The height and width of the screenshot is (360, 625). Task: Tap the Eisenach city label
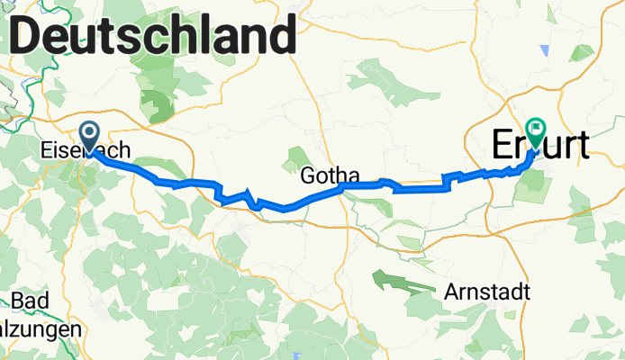(86, 151)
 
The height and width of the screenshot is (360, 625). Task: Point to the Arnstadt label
(487, 292)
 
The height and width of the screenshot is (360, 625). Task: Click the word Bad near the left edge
(30, 301)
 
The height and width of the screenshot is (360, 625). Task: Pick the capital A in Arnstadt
(451, 292)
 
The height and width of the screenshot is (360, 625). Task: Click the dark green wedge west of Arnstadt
(396, 281)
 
